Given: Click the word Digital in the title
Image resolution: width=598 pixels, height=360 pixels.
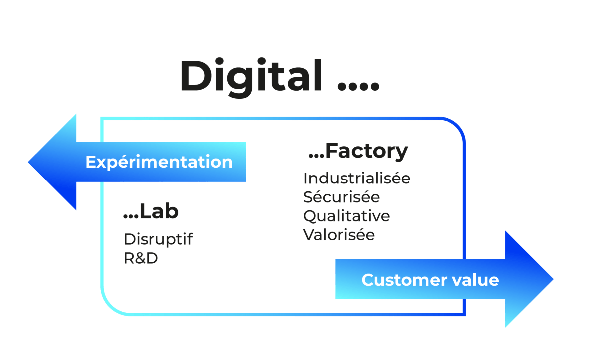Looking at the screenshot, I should [251, 76].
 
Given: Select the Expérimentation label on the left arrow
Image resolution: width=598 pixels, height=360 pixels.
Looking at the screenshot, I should [159, 162].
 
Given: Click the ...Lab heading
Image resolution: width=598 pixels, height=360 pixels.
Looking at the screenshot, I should [150, 212].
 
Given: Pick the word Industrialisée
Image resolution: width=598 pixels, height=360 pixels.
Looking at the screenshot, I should [356, 178].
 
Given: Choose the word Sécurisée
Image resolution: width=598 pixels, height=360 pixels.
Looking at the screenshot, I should [341, 197].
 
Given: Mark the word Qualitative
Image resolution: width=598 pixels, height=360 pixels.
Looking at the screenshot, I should [346, 216].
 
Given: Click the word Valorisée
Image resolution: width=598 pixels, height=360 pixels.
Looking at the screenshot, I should [339, 234].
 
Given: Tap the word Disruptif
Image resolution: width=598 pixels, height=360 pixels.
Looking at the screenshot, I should [158, 239].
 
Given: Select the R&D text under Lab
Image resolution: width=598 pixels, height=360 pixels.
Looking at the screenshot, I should [141, 259].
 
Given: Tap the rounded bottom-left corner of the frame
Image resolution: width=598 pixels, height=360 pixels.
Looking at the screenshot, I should [108, 306].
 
